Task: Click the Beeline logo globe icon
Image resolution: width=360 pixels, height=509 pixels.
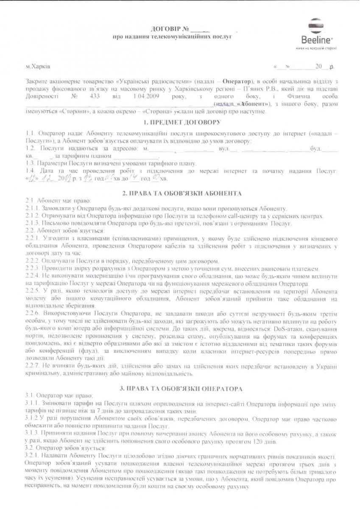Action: [316, 26]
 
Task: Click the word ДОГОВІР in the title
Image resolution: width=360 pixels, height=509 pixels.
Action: [166, 29]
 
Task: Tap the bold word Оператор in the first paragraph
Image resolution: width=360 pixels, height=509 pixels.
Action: [234, 81]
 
